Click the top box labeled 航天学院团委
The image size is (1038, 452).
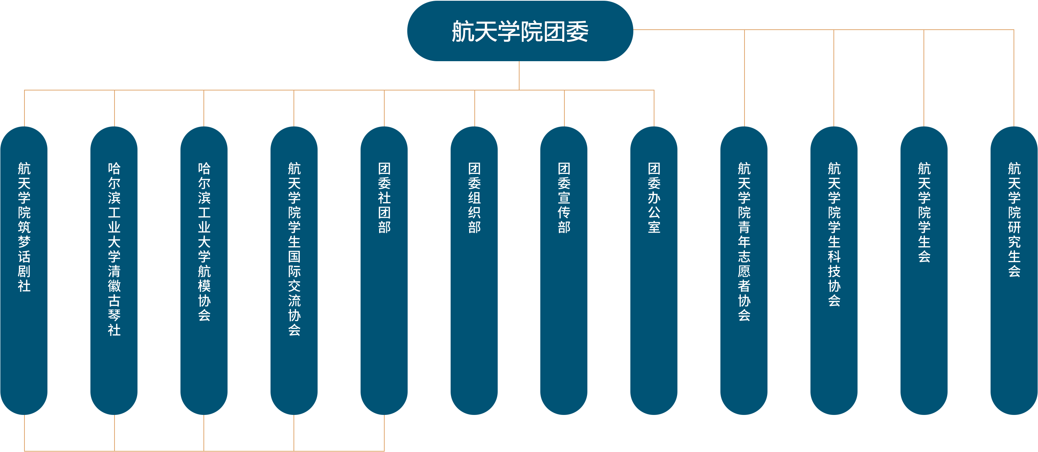click(520, 31)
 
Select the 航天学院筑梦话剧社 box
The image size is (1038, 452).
click(24, 270)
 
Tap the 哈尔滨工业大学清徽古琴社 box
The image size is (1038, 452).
click(114, 270)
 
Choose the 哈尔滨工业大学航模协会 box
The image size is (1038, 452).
click(204, 270)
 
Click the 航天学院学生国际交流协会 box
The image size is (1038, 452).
click(294, 270)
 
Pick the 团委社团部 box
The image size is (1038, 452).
click(384, 270)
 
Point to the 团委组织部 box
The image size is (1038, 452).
click(474, 270)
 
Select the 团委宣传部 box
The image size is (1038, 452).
click(564, 270)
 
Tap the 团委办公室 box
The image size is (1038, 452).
click(654, 270)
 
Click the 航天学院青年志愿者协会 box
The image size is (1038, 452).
click(744, 270)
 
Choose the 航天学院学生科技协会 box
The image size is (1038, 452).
click(834, 270)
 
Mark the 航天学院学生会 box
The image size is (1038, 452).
click(924, 270)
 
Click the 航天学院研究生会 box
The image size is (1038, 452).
click(1014, 270)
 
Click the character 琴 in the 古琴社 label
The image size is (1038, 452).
click(114, 315)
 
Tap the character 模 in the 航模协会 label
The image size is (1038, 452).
click(204, 286)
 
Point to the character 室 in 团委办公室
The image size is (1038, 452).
click(654, 227)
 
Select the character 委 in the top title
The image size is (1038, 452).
click(577, 32)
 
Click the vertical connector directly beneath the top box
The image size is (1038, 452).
click(519, 75)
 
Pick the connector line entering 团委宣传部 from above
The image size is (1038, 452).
click(564, 108)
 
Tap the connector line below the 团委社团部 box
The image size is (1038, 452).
click(384, 432)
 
